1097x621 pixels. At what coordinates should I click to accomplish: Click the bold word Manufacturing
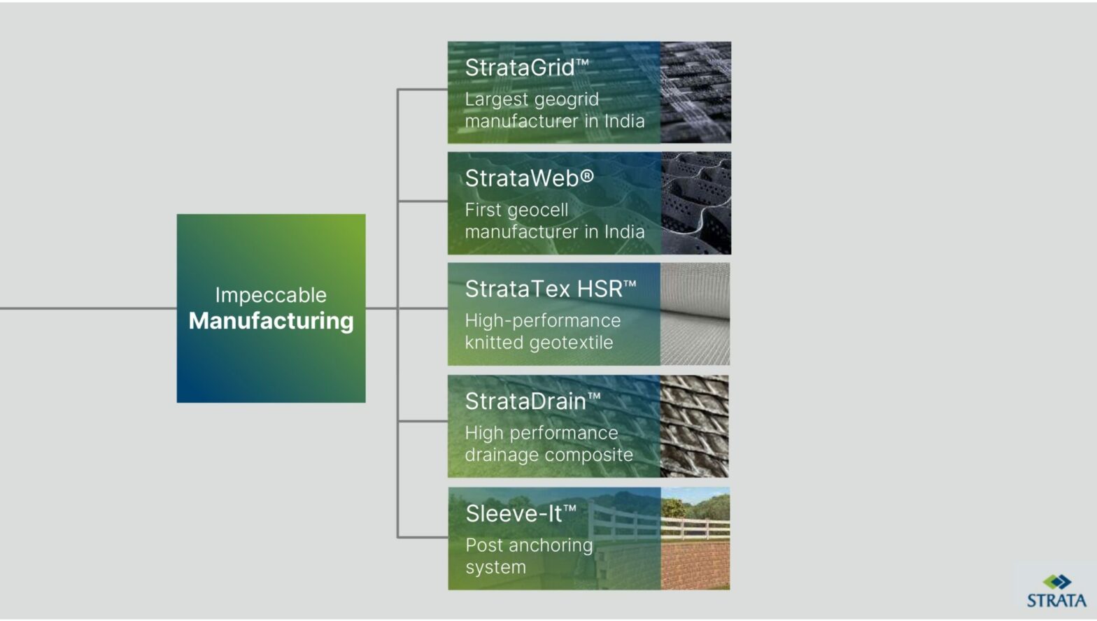[x=271, y=321]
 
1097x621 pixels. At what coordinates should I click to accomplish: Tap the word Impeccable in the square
[x=271, y=295]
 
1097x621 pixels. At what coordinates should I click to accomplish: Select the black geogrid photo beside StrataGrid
[x=695, y=92]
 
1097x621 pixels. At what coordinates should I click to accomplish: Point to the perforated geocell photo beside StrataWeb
[x=695, y=203]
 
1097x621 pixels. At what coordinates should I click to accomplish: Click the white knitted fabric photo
[x=695, y=314]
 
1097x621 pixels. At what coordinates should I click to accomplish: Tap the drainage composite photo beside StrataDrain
[x=695, y=426]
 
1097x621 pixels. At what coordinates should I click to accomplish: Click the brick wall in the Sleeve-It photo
[x=695, y=565]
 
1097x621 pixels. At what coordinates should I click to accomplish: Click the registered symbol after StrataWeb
[x=587, y=177]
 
